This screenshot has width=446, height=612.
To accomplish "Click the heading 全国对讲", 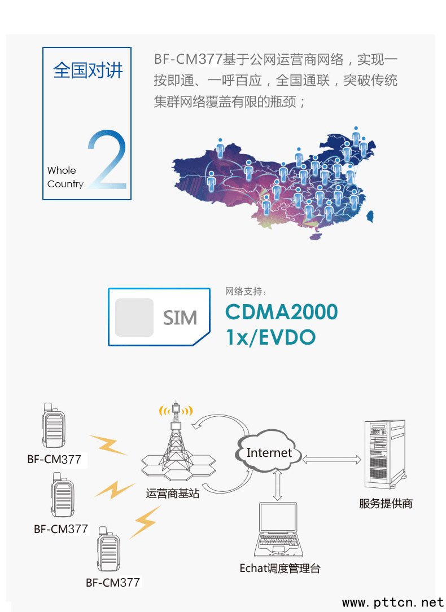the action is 88,71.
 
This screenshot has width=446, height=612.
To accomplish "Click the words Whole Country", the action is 65,177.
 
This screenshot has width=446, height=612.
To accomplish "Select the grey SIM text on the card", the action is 180,318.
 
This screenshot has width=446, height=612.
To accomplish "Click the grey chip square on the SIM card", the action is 134,318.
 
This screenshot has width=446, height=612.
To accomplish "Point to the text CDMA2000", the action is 282,312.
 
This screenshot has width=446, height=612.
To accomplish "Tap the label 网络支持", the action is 245,291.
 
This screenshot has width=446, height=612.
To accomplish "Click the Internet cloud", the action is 269,452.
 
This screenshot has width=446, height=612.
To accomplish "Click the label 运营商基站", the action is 173,494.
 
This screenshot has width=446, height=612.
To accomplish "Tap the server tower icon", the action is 384,454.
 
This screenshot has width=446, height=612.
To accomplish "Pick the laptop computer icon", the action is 278,530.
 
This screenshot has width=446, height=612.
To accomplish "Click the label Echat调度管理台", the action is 279,569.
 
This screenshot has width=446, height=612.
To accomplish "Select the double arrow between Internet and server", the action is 332,460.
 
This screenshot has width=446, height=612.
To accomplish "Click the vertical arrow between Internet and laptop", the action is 278,485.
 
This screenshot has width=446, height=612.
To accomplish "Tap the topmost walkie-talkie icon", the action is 53,425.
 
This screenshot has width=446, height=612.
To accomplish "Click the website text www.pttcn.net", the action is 393,602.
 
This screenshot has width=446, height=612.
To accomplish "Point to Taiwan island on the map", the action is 370,217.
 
